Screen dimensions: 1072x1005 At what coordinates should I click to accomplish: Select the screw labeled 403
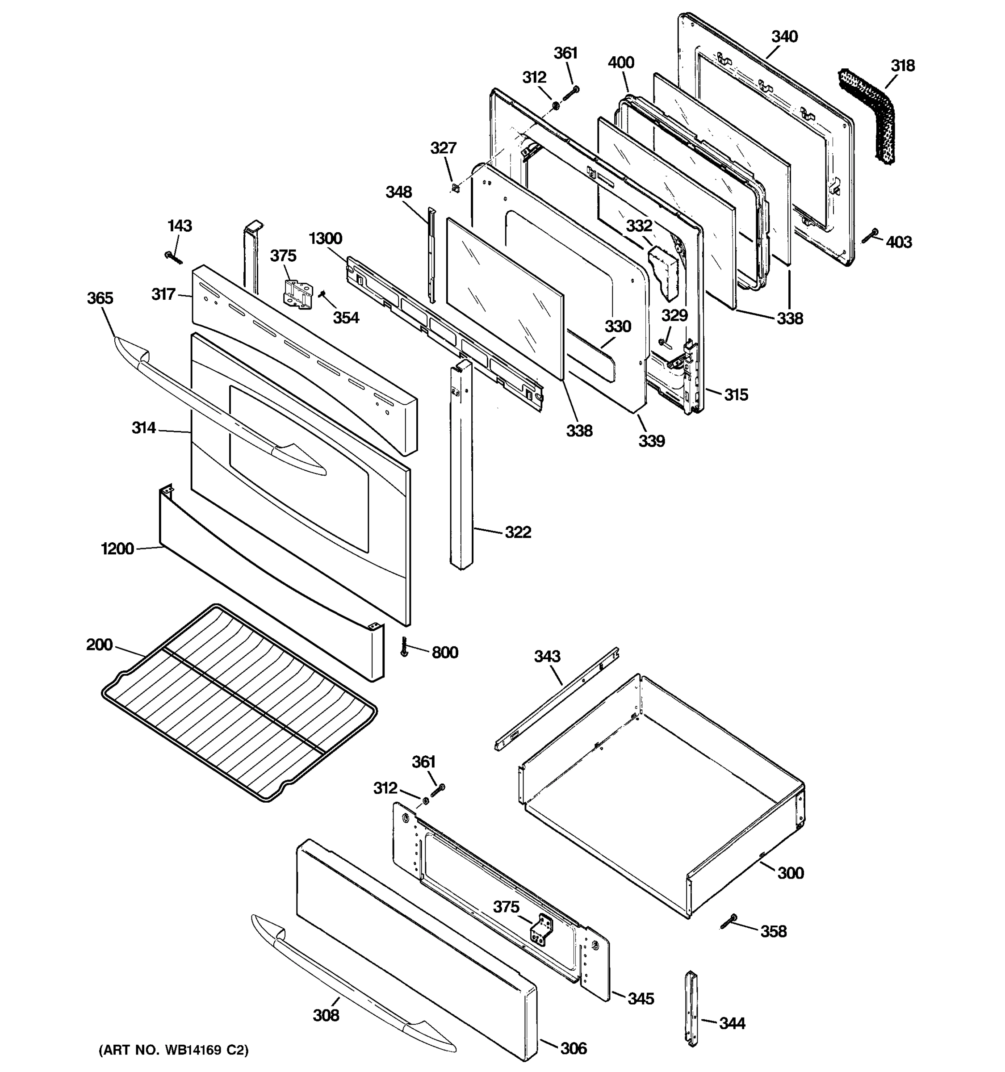(x=870, y=236)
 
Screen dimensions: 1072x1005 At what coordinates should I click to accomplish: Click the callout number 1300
(x=325, y=239)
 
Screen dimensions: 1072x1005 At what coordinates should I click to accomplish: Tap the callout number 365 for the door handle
(x=100, y=298)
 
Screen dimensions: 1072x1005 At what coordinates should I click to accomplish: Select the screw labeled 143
(x=173, y=257)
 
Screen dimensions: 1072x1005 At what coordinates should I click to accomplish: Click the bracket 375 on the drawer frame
(x=542, y=931)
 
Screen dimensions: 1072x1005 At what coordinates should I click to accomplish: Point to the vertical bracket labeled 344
(x=691, y=1009)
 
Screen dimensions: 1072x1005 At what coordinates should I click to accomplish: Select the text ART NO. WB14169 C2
(x=174, y=1050)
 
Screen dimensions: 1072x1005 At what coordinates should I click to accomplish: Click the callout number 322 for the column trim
(x=518, y=532)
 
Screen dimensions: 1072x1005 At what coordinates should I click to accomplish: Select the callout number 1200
(x=117, y=549)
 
